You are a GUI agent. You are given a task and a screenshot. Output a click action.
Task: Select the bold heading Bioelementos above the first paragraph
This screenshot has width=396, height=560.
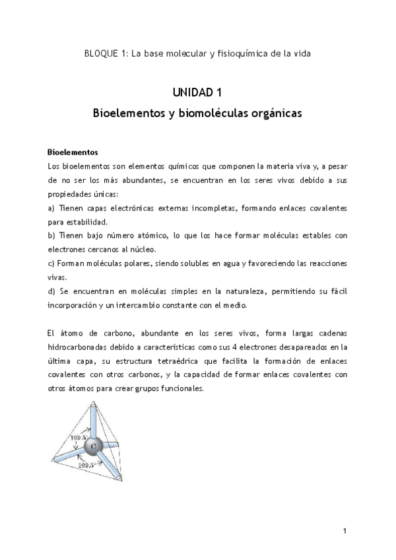click(x=73, y=151)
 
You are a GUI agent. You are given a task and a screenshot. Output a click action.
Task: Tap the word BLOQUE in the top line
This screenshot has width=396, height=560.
click(x=102, y=53)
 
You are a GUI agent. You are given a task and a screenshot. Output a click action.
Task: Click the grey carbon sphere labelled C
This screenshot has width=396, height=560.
click(x=94, y=446)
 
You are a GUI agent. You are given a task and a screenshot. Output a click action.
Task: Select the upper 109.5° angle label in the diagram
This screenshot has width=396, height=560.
click(x=79, y=438)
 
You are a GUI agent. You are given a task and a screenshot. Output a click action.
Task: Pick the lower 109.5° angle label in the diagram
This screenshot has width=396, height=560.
click(x=86, y=465)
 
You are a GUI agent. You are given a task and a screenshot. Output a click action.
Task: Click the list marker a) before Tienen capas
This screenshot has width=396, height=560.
click(x=52, y=207)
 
